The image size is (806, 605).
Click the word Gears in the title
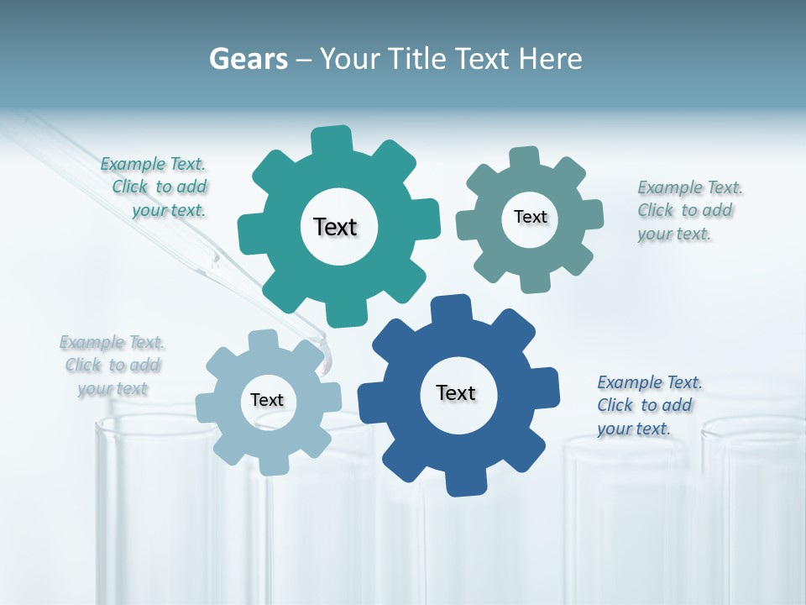pyautogui.click(x=249, y=59)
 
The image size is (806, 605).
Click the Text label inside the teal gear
pyautogui.click(x=335, y=227)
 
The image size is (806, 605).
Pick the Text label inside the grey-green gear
pyautogui.click(x=530, y=217)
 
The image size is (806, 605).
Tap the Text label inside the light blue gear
pyautogui.click(x=267, y=400)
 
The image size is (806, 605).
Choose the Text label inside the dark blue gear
pyautogui.click(x=456, y=392)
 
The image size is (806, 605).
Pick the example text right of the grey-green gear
pyautogui.click(x=688, y=210)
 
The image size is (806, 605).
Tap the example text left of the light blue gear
pyautogui.click(x=113, y=365)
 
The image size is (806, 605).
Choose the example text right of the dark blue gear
pyautogui.click(x=647, y=405)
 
